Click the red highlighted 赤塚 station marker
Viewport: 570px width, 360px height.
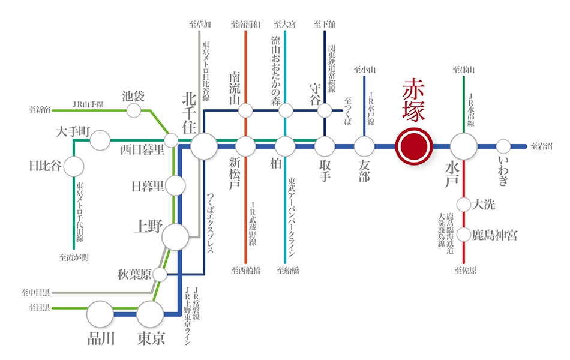tap(413, 146)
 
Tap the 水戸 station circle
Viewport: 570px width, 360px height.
tap(463, 146)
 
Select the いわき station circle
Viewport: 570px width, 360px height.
tap(503, 146)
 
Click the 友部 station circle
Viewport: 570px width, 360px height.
tap(364, 146)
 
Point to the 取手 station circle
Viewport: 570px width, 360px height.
tap(325, 146)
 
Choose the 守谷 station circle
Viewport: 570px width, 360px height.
tap(325, 110)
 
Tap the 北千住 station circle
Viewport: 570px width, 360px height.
tap(204, 146)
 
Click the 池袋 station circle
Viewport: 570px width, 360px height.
tap(133, 110)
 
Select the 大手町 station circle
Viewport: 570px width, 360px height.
tap(100, 140)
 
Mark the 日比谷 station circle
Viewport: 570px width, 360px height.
tap(74, 167)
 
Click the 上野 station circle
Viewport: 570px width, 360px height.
tap(175, 237)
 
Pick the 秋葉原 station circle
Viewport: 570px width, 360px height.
tap(160, 275)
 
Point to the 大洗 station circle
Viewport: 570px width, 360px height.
tap(463, 205)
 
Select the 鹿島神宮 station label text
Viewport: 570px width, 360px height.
tap(494, 235)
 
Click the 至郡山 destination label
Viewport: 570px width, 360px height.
tap(463, 70)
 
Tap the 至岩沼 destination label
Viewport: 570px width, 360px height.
tap(541, 146)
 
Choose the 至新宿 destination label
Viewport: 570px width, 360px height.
tap(40, 109)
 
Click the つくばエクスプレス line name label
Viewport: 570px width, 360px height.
tap(211, 223)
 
